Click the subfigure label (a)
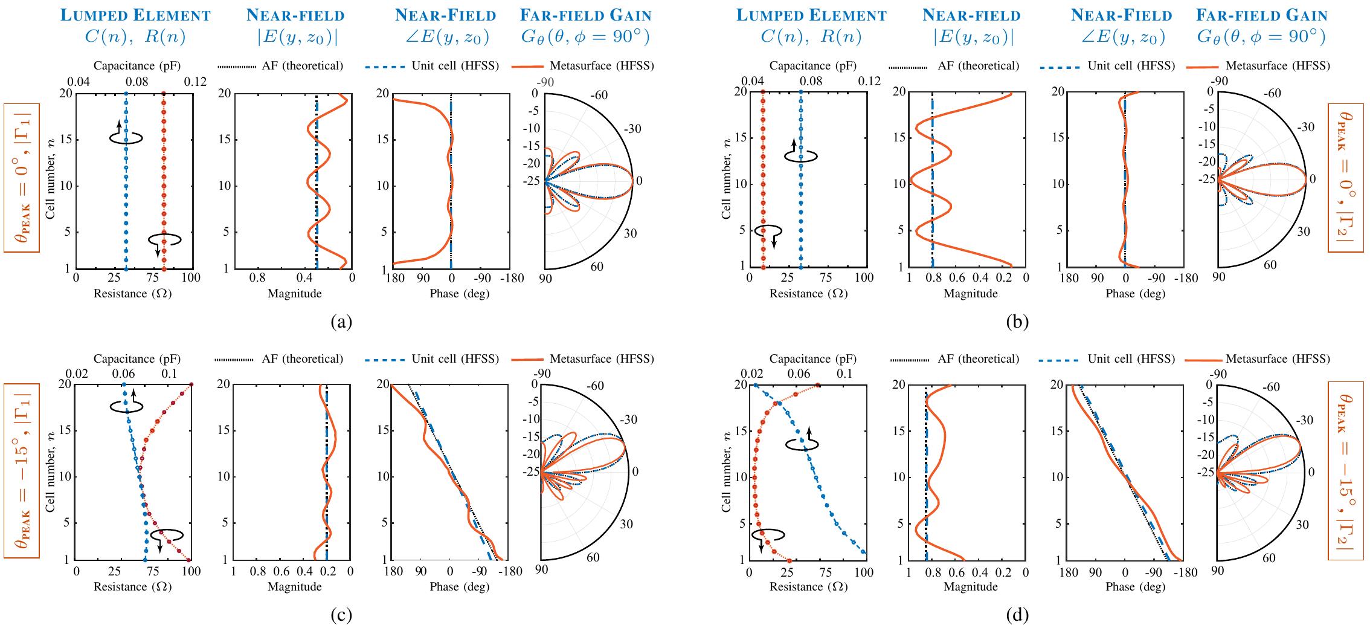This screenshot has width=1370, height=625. [x=341, y=322]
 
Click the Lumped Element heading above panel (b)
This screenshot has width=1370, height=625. [x=811, y=15]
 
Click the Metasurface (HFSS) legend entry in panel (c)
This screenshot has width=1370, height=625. [x=602, y=359]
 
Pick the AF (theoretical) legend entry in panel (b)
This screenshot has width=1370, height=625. [x=978, y=65]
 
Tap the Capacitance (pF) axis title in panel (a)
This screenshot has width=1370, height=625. [x=137, y=65]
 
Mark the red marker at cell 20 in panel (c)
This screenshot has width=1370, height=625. [x=191, y=384]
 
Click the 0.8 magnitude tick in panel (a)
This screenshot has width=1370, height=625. [x=257, y=279]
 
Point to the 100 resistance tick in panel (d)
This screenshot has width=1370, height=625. [x=865, y=571]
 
